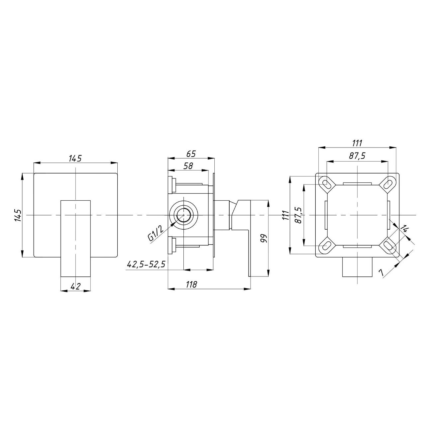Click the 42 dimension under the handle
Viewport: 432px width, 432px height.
[75, 286]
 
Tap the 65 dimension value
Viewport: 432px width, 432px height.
[191, 154]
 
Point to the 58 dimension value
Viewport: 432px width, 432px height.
[188, 166]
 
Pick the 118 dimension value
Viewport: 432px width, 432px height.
[191, 284]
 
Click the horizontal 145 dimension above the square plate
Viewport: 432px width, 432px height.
[75, 159]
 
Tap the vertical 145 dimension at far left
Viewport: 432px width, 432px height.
[18, 215]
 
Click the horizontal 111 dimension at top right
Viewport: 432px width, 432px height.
[357, 143]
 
